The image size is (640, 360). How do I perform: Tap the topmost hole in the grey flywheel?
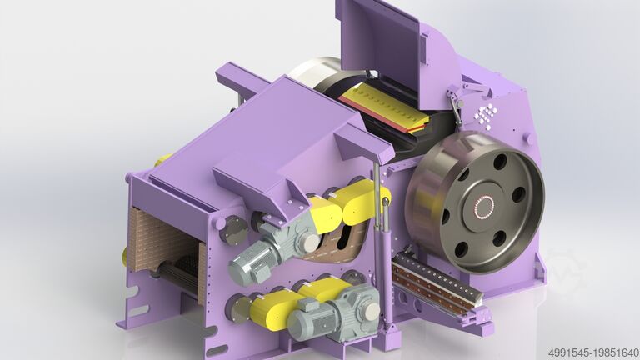[x=499, y=161]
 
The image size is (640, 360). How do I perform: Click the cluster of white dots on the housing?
[x=486, y=116]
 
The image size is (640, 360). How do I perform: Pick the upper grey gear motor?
[x=273, y=250]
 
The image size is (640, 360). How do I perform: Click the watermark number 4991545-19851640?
[x=593, y=352]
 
